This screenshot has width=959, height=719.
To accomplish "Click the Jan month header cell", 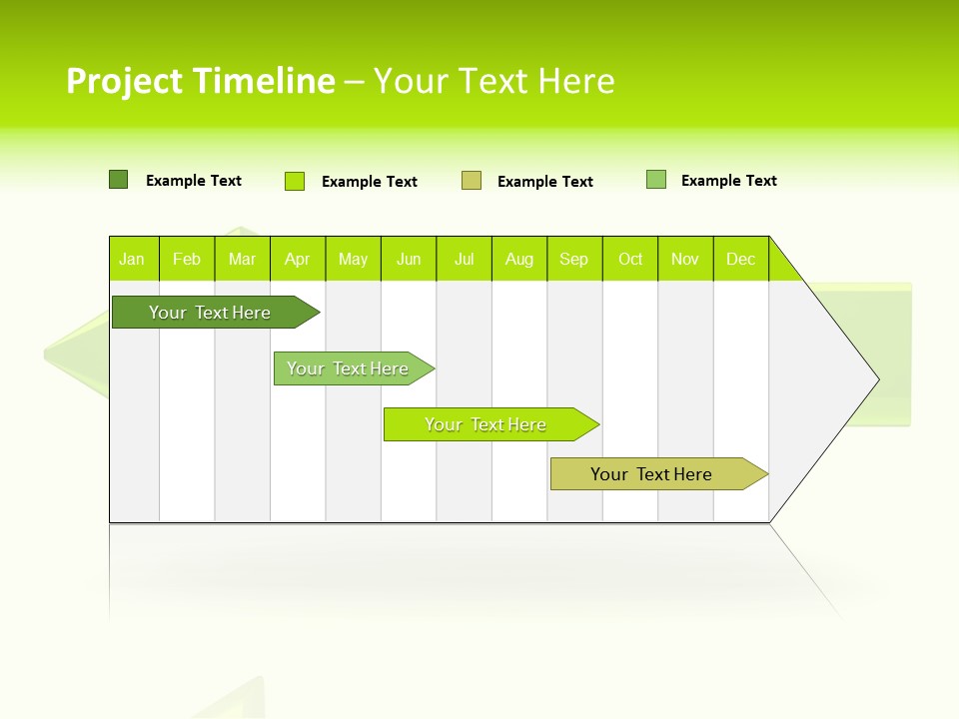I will (x=133, y=259).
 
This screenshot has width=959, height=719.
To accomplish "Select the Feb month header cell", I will (x=187, y=259).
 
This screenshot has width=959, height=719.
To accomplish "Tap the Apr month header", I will (x=298, y=259).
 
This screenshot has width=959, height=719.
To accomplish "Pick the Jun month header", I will (x=409, y=259).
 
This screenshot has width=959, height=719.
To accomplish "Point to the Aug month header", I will (x=519, y=259).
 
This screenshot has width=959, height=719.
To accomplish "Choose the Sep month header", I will (x=574, y=259).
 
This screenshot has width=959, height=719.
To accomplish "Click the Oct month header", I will (x=630, y=259).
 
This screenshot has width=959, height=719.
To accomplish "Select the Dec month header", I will (x=741, y=259).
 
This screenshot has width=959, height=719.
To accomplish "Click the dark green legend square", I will (x=118, y=180).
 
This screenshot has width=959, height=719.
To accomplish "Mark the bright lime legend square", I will (x=295, y=181).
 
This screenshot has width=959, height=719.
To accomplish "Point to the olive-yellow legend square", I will (x=472, y=181).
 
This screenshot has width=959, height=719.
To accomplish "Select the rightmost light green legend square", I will (x=656, y=180).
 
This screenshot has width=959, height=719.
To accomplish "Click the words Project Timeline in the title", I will (x=200, y=81).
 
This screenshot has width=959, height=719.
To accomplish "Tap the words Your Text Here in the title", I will (x=493, y=81).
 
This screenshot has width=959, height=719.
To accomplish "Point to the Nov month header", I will (x=685, y=259).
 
